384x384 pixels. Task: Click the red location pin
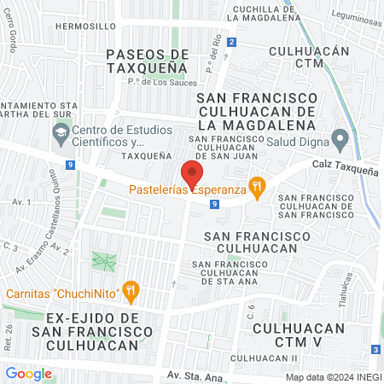pos(191,172)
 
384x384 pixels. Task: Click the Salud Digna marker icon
pos(340,138)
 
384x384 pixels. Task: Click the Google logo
pos(28,373)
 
